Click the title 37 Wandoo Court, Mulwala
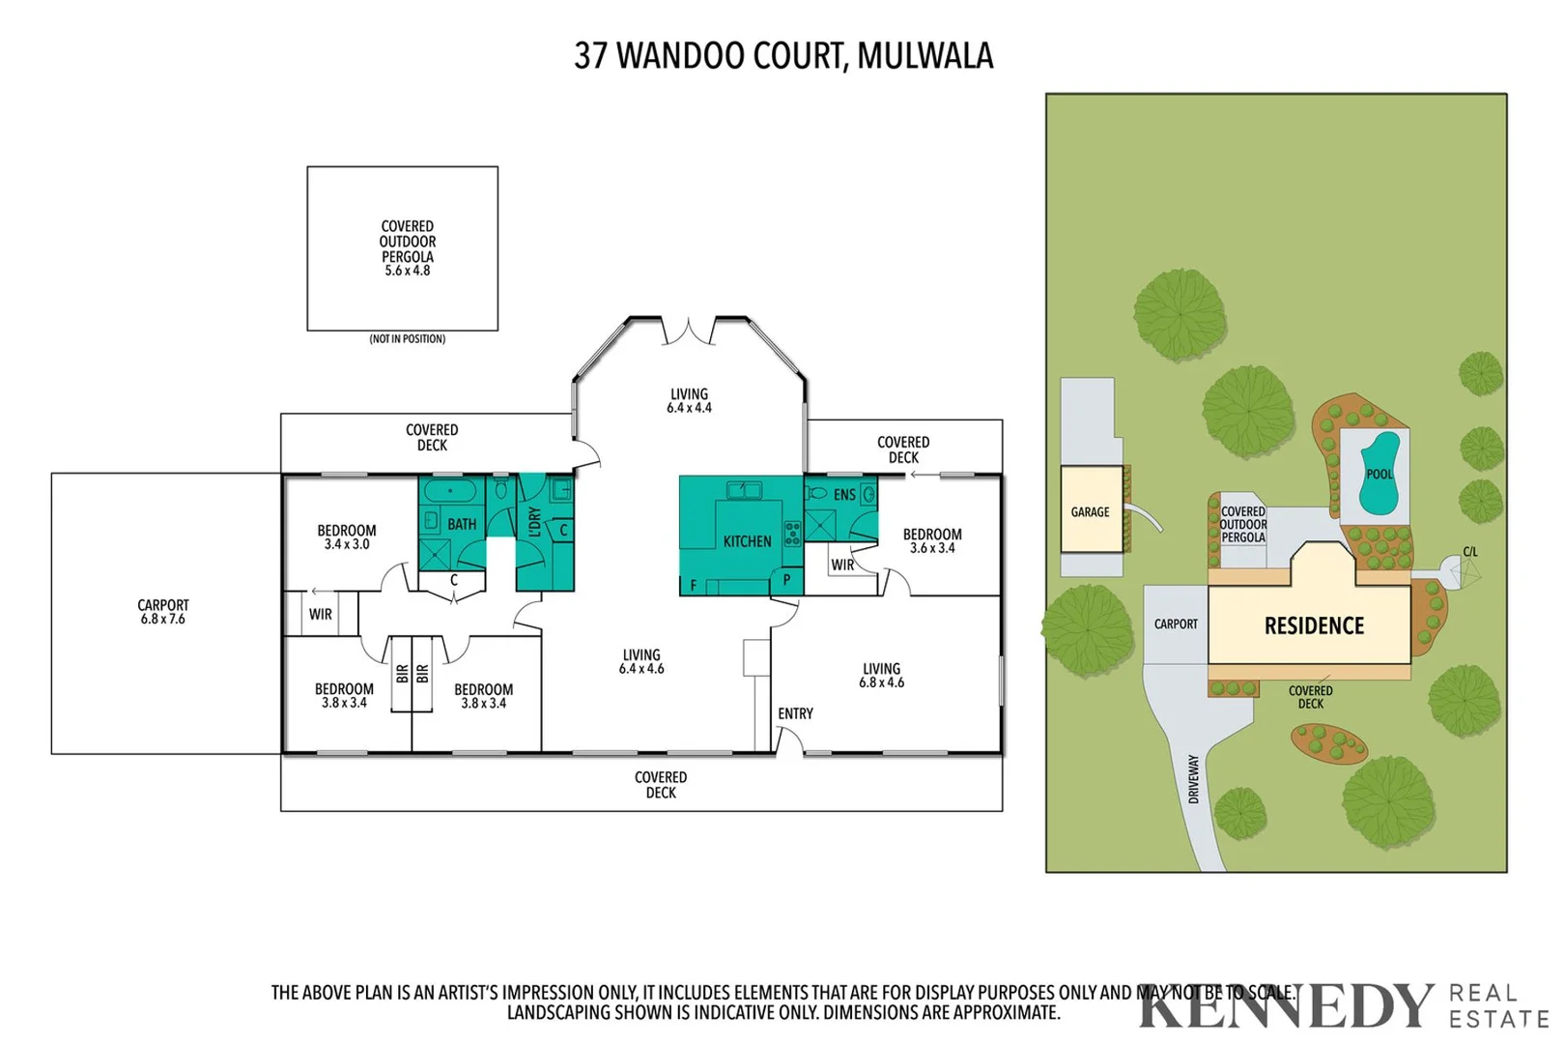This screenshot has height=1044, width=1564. (783, 56)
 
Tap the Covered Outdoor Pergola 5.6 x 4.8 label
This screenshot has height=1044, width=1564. (407, 248)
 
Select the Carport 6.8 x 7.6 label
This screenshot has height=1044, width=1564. (162, 612)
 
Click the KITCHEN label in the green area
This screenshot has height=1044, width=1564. (747, 541)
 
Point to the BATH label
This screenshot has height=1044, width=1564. (461, 524)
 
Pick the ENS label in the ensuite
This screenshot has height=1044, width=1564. (844, 495)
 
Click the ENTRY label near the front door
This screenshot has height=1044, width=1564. (795, 713)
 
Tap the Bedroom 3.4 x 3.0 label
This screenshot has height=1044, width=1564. (346, 537)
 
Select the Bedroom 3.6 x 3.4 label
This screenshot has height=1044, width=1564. (931, 541)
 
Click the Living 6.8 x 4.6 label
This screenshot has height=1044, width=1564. (881, 676)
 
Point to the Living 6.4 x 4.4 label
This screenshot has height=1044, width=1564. (689, 401)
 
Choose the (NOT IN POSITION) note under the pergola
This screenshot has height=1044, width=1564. (407, 339)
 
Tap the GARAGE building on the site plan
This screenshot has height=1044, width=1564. (1091, 511)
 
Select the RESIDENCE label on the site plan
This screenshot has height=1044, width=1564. (1314, 626)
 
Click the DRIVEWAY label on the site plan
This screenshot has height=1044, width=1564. (1193, 779)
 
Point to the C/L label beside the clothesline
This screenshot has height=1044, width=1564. (1469, 552)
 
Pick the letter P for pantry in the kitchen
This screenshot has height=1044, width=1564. (786, 580)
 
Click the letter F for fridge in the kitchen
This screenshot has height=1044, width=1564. (693, 586)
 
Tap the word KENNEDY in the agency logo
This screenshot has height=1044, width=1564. (1286, 1007)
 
